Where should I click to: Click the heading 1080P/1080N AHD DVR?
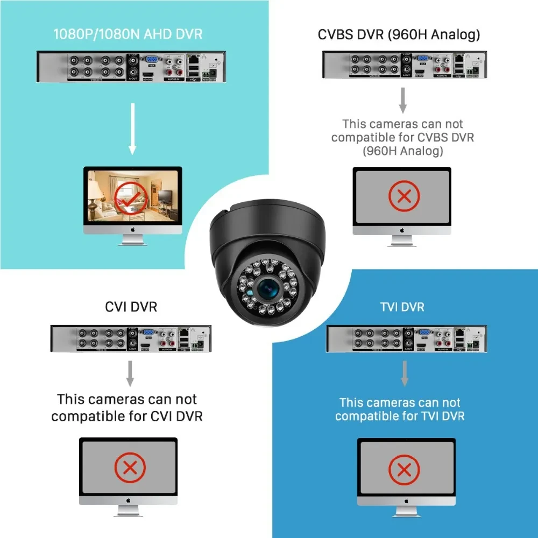click(128, 34)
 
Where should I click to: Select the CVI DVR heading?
click(131, 307)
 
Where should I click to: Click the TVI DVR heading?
click(402, 307)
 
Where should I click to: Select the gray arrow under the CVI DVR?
click(130, 372)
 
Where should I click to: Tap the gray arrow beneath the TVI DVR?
click(405, 373)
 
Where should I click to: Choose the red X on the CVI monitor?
click(129, 467)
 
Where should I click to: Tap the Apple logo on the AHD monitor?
click(132, 229)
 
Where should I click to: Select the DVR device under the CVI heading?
click(131, 338)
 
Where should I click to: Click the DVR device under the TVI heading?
click(406, 338)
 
